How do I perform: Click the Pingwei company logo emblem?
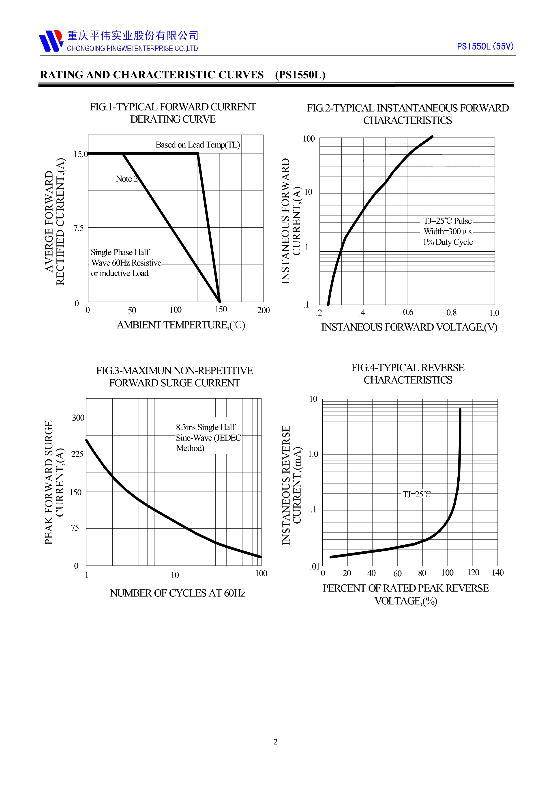pos(51,41)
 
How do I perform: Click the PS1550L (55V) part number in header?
pos(485,47)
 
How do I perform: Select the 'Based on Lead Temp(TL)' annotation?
pos(198,145)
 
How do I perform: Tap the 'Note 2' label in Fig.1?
pos(126,179)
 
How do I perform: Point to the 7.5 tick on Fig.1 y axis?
pos(79,228)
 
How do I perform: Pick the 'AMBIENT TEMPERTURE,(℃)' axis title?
pos(181,325)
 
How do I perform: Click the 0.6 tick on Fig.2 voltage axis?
pos(408,312)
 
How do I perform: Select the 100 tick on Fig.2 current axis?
pos(309,139)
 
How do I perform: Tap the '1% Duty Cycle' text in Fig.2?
pos(448,242)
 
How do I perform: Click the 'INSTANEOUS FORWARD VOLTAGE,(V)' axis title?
pos(409,327)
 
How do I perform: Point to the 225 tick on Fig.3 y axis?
pos(77,454)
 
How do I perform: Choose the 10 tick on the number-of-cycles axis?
pos(175,575)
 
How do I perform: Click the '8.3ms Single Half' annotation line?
pos(206,427)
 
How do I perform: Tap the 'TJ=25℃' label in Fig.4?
pos(416,494)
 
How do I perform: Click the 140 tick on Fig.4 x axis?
pos(497,573)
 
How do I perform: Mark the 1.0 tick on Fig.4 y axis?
pos(313,454)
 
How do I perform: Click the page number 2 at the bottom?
pos(276,742)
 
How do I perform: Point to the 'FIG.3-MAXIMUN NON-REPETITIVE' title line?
pos(174,371)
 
